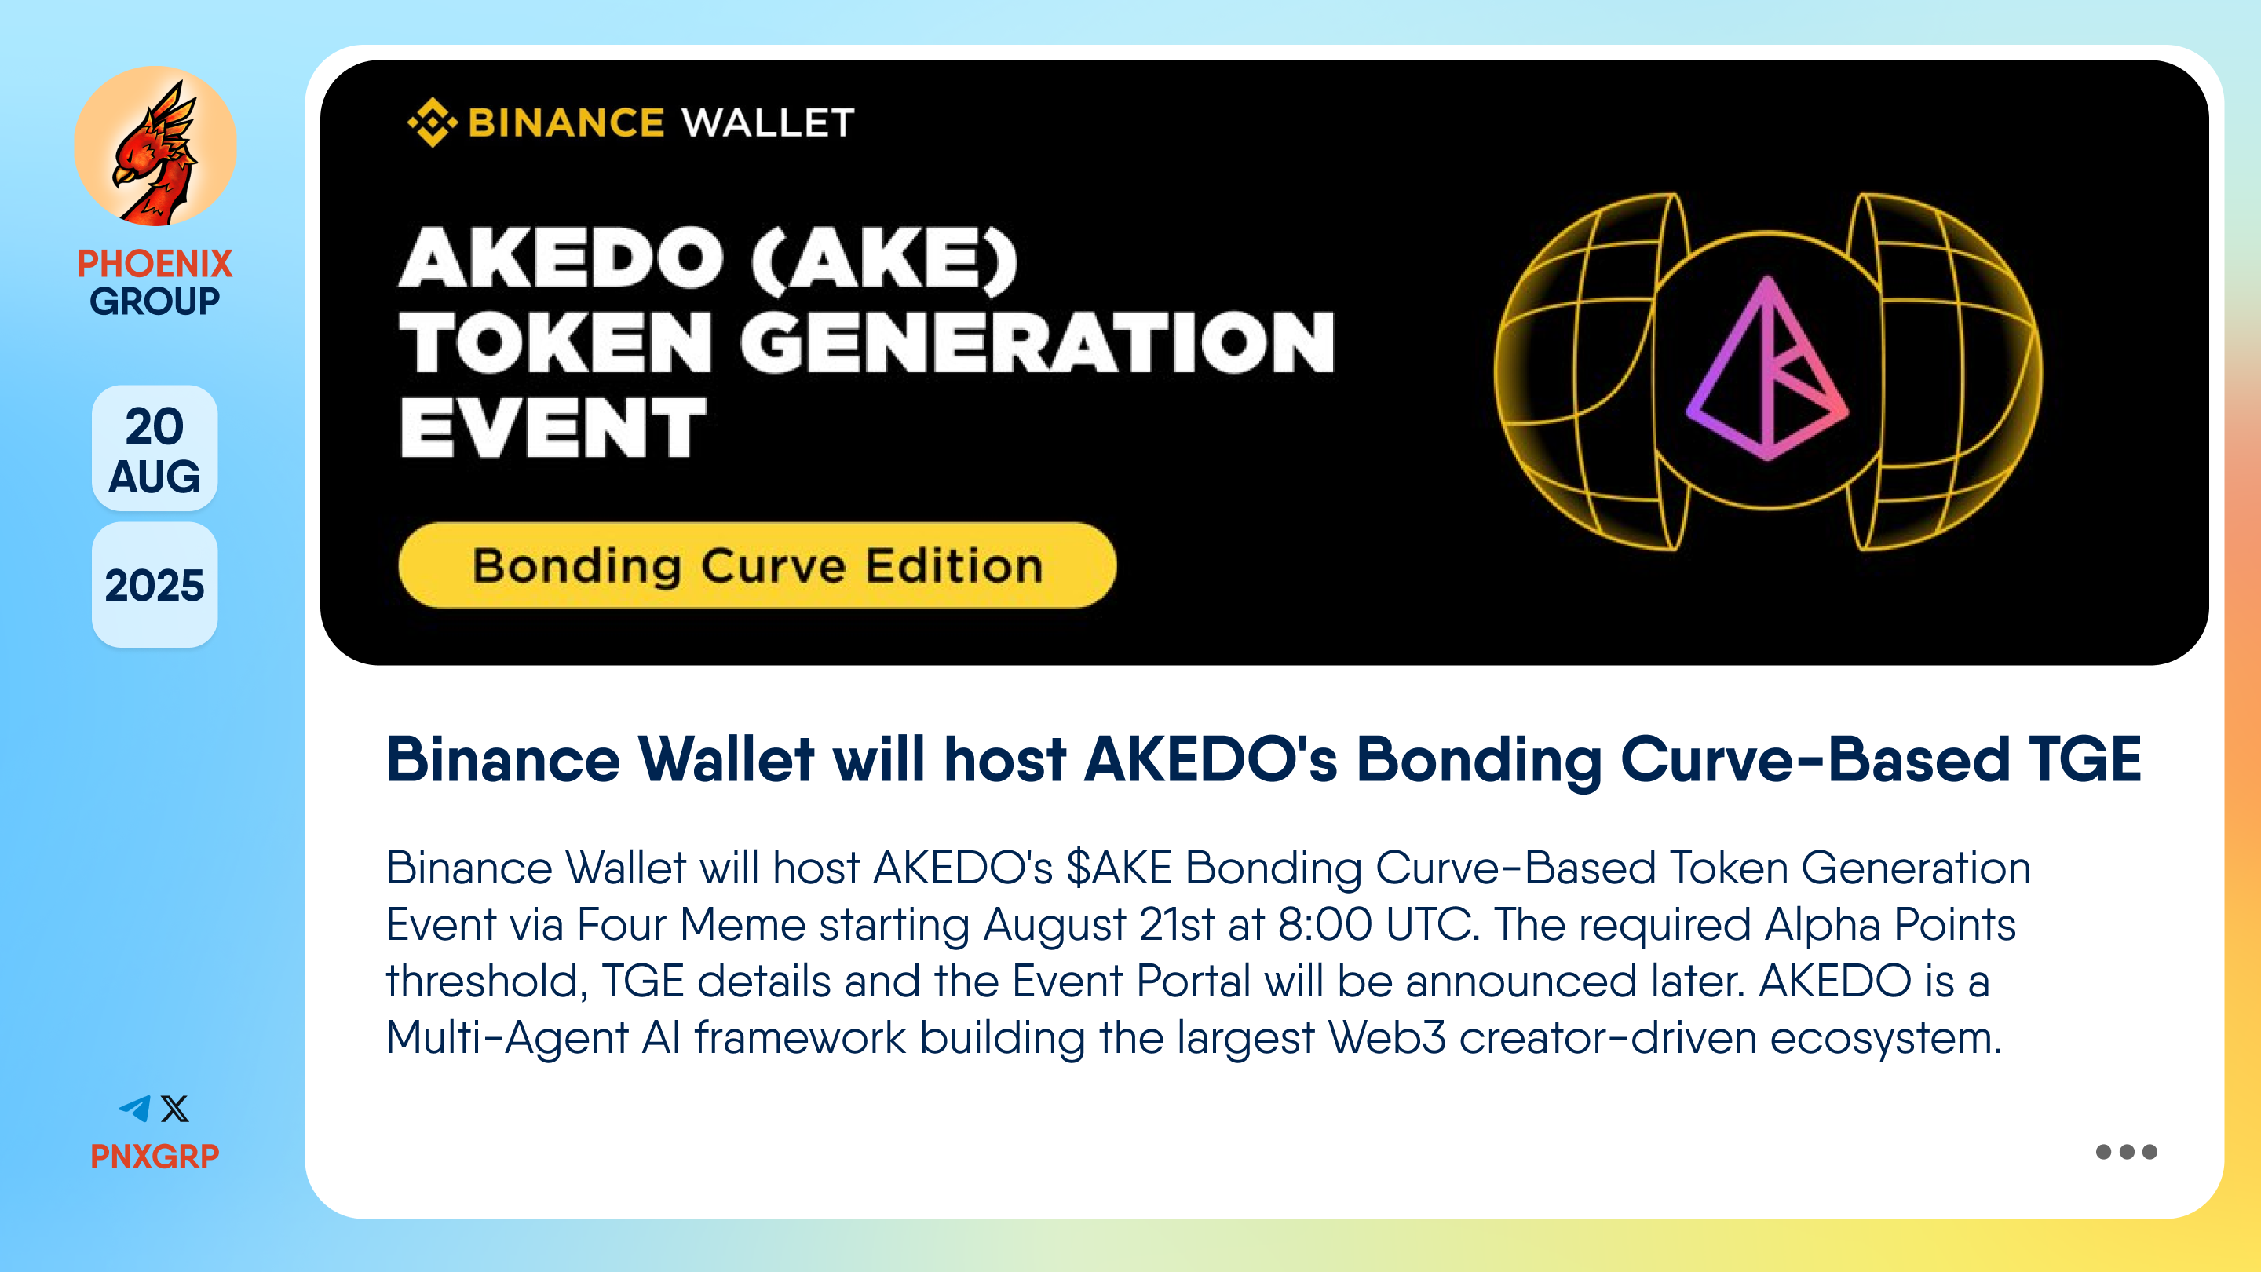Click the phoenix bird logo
point(155,147)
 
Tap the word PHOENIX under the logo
point(155,263)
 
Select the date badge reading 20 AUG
point(155,448)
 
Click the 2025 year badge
point(155,586)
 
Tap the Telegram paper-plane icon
point(134,1109)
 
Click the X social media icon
point(174,1109)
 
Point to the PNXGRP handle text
point(155,1156)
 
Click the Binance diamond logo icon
point(433,122)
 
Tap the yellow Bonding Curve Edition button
point(758,565)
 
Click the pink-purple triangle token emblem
point(1768,369)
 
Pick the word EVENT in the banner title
point(553,427)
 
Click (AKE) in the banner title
point(885,258)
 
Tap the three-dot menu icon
point(2126,1152)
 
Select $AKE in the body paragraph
point(1119,868)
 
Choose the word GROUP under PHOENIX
point(155,301)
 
